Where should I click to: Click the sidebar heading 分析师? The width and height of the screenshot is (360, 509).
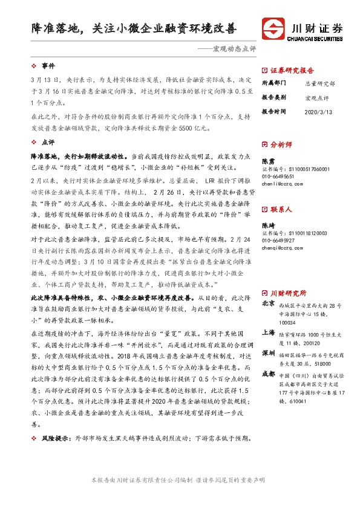[281, 145]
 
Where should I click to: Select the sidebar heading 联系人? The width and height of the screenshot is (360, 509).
[281, 209]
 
